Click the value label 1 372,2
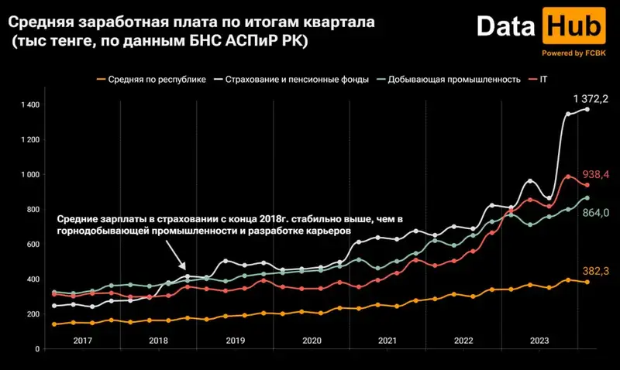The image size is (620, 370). [591, 98]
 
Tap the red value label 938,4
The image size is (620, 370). [597, 175]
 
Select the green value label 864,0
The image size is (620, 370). [597, 213]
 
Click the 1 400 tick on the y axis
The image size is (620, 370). [30, 104]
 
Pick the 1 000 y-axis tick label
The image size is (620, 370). [30, 175]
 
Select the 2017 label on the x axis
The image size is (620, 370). [82, 341]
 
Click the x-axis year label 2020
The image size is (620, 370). [311, 341]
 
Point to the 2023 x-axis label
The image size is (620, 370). [539, 341]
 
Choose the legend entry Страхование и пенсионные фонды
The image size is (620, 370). [299, 80]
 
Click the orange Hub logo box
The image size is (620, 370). [574, 26]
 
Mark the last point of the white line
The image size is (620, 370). [587, 109]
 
